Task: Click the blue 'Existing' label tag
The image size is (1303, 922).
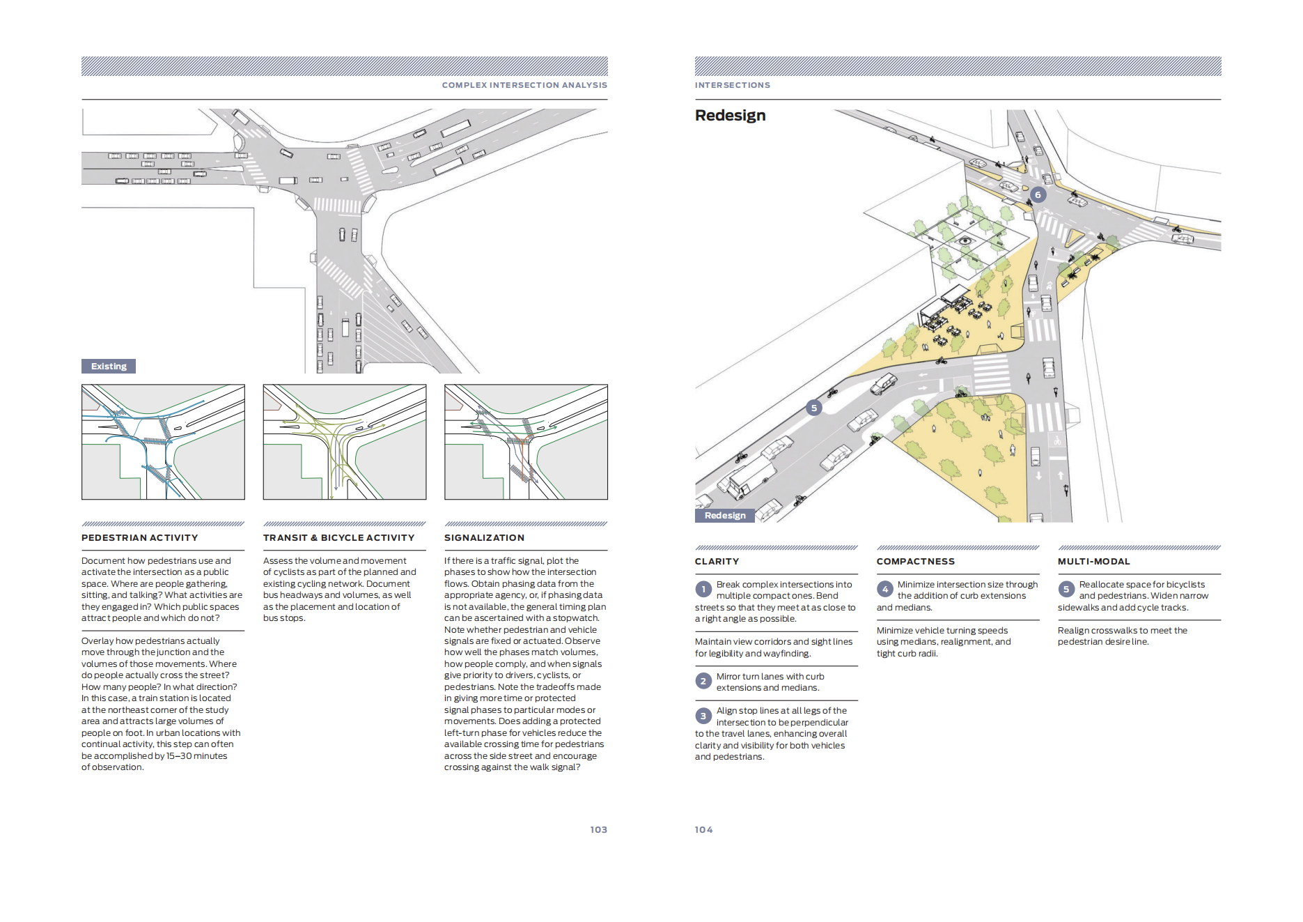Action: click(109, 367)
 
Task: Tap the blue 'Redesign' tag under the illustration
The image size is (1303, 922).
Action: click(724, 516)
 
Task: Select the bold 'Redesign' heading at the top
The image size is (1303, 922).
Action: click(730, 116)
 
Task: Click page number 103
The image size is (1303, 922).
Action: click(598, 829)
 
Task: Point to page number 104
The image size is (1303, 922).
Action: click(703, 829)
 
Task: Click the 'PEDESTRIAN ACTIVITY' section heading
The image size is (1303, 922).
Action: click(139, 538)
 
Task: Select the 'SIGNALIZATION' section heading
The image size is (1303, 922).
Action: click(484, 538)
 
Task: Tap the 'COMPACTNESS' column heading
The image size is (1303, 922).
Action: click(915, 562)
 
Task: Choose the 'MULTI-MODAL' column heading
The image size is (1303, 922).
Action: click(1093, 562)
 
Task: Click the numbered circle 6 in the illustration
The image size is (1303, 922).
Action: click(1038, 195)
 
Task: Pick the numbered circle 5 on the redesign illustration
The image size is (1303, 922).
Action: click(813, 408)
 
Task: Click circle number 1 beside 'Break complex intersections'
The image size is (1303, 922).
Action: click(703, 590)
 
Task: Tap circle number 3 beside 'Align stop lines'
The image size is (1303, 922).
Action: click(703, 716)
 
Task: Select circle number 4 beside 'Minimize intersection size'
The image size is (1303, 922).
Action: click(884, 590)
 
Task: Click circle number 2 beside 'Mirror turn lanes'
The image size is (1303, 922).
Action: click(703, 681)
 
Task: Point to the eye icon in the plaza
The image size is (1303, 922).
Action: click(965, 241)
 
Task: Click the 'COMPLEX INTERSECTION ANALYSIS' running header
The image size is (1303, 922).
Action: click(524, 85)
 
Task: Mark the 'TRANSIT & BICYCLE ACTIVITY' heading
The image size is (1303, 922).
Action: click(338, 538)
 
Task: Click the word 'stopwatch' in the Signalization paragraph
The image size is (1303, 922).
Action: click(575, 618)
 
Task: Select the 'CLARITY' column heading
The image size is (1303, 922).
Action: click(717, 562)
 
